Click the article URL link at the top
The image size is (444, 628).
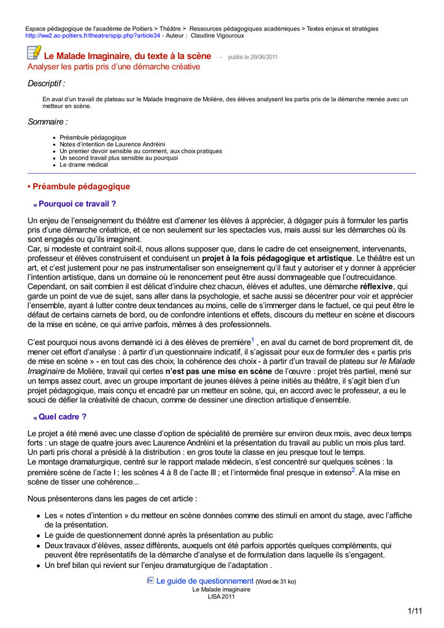click(92, 36)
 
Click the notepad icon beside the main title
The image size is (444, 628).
click(34, 55)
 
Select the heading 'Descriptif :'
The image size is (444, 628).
click(46, 83)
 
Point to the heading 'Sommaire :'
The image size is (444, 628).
click(47, 122)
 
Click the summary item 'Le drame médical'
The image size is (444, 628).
click(83, 165)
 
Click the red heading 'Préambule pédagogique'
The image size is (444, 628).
click(81, 186)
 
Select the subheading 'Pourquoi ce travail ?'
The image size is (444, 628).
click(77, 204)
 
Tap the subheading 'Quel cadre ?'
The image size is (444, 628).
click(63, 417)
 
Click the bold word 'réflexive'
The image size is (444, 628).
click(377, 286)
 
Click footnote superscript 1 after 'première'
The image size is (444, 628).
click(253, 339)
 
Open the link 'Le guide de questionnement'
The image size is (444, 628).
click(205, 581)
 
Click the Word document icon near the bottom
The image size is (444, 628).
click(150, 580)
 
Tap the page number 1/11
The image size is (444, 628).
click(415, 611)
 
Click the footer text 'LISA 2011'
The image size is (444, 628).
click(221, 597)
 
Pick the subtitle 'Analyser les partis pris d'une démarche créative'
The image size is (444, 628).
click(113, 66)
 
